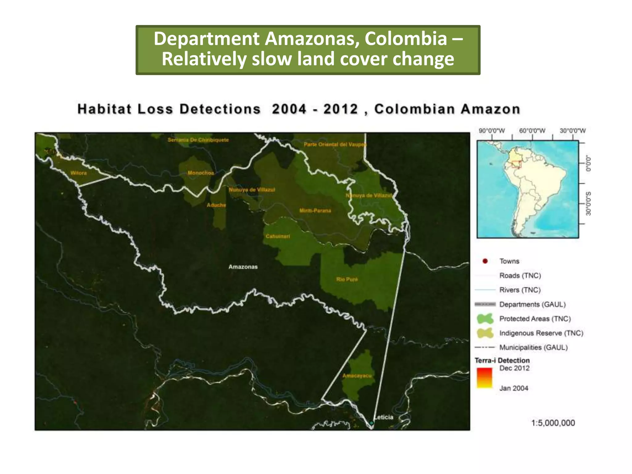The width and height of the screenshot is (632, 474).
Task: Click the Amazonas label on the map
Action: click(x=243, y=267)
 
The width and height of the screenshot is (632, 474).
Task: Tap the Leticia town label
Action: click(x=384, y=417)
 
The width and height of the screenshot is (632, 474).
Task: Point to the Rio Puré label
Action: click(x=347, y=279)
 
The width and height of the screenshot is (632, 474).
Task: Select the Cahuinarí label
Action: click(x=278, y=236)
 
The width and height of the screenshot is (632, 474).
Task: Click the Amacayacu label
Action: click(x=357, y=376)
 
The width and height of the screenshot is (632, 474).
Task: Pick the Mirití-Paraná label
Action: click(x=315, y=211)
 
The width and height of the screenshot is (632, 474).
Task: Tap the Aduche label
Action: click(x=216, y=205)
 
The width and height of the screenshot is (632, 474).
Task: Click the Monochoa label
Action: click(x=201, y=173)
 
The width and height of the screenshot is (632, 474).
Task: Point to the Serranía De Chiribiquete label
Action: click(x=198, y=140)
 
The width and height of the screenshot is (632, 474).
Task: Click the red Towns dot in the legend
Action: click(x=485, y=261)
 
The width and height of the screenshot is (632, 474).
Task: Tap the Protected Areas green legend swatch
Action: click(x=485, y=318)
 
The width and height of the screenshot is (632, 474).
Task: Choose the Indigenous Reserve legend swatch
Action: click(x=485, y=333)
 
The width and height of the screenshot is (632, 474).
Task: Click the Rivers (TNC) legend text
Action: click(x=520, y=290)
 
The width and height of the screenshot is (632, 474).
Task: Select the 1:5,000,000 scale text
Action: click(x=553, y=423)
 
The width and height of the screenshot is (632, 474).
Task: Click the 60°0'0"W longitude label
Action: click(x=532, y=131)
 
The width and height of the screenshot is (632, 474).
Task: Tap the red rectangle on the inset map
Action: click(x=516, y=164)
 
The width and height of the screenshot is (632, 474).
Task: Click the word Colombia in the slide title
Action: click(x=405, y=39)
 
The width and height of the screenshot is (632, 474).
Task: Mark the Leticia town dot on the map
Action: click(x=372, y=423)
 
